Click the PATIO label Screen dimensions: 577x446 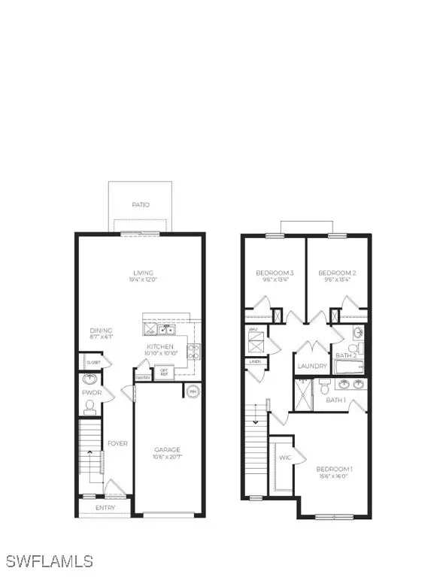pos(141,204)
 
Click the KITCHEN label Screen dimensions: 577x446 pos(160,346)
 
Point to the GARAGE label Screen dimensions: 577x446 pos(167,450)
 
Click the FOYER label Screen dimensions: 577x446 pos(115,443)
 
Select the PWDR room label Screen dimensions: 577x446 pos(91,392)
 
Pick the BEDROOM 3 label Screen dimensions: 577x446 pos(275,273)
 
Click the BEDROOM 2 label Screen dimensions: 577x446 pos(336,273)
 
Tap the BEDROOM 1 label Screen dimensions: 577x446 pos(335,470)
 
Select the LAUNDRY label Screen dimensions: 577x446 pos(312,367)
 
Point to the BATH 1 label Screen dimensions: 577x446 pos(335,400)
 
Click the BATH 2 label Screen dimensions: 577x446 pos(346,355)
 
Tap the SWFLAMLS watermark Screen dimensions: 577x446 pos(49,561)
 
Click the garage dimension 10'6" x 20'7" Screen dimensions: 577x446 pos(167,458)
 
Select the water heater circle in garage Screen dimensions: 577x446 pos(191,391)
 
